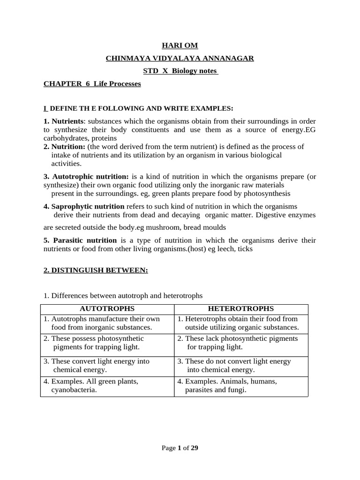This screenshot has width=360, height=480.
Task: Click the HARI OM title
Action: tap(180, 45)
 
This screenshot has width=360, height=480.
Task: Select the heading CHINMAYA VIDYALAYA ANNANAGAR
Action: tap(180, 58)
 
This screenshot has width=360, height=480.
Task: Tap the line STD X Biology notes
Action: tap(180, 71)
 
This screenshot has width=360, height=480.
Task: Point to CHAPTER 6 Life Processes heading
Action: tap(92, 84)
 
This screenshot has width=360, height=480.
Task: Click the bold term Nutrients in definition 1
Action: tap(67, 121)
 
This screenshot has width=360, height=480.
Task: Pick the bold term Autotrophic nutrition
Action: tap(90, 177)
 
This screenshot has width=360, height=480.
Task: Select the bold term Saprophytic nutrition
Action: tap(88, 207)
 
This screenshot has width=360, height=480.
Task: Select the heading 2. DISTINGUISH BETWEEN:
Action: tap(96, 270)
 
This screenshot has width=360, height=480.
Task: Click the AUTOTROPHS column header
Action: tap(107, 308)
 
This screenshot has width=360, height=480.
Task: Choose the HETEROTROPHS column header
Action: tap(241, 308)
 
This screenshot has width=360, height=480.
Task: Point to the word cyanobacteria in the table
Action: tap(74, 390)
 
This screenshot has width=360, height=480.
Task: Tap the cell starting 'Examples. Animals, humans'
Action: tap(241, 385)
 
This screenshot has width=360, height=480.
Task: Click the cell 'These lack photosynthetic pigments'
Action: tap(241, 343)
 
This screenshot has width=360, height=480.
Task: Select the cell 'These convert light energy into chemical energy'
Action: tap(107, 366)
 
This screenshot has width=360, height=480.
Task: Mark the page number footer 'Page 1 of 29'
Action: tap(180, 448)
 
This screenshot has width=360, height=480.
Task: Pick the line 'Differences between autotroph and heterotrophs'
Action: tap(127, 296)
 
